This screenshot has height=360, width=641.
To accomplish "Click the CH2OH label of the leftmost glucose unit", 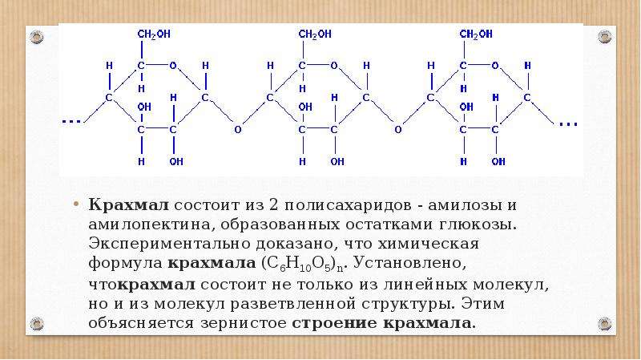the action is pos(154,34).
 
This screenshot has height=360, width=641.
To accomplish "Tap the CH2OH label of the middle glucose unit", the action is pos(315,34).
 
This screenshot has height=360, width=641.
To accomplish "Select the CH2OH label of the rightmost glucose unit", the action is pos(476,34).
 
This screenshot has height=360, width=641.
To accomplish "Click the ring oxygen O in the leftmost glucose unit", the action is pos(173,66).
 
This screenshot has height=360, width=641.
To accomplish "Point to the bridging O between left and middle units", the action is pos(237,130).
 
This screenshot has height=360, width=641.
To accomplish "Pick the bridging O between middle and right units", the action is pos(398,130).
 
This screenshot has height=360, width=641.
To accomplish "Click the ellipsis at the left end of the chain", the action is pos(71,122).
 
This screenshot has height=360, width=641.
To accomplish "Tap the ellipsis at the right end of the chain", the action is pos(568,124).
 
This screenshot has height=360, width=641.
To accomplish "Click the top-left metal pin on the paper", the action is pos(37,37).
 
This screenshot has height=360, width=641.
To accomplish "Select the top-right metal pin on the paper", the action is pos(605,37).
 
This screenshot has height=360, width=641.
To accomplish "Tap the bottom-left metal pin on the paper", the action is pos(37,324).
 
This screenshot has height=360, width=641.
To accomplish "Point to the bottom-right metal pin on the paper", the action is pos(605,324).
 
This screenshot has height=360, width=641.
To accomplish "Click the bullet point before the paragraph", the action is pos(75,204).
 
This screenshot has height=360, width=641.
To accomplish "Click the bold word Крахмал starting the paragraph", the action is pos(128,204).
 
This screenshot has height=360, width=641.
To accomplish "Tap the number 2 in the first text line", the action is pos(273,204).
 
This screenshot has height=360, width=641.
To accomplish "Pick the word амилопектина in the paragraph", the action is pos(151,224).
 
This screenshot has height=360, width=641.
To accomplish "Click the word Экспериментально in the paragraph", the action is pos(169,245).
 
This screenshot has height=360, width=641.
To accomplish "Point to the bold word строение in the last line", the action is pos(335,324).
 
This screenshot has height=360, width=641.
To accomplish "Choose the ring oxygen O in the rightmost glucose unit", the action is pos(495,66).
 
